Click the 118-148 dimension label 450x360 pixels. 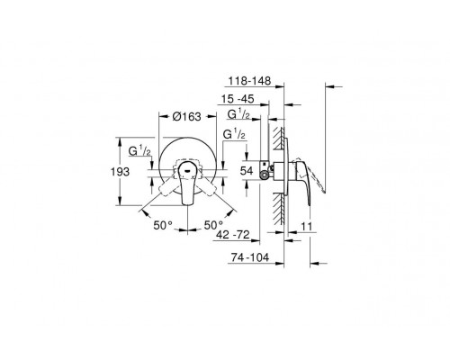pos(249,81)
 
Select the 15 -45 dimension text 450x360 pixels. pos(238,99)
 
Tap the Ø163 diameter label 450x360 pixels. pos(187,117)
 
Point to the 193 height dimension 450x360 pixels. pos(120,172)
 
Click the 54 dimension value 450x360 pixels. pos(247,171)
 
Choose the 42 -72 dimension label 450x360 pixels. pos(233,234)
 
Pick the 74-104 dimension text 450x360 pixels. pos(250,257)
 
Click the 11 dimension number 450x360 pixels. pos(307,227)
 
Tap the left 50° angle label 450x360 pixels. pos(163,225)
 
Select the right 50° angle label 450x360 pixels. pos(213,225)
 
